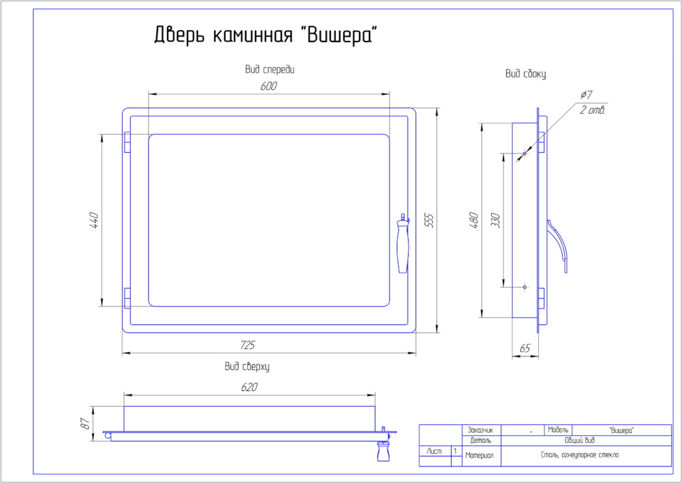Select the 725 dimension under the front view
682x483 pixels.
click(248, 345)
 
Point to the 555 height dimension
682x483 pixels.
click(429, 220)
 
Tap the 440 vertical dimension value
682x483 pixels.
click(94, 220)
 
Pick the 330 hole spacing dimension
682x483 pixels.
click(495, 220)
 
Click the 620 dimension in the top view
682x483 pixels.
click(249, 388)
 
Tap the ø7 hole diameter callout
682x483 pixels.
click(587, 94)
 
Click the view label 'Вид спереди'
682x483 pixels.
click(269, 70)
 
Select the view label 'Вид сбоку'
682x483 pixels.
click(526, 74)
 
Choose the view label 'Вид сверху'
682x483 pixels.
click(247, 367)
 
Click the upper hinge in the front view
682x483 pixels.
click(127, 143)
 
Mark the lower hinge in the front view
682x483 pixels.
click(127, 298)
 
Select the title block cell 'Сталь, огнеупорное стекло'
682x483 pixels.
click(580, 455)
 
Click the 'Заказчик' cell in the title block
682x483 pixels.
click(481, 430)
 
